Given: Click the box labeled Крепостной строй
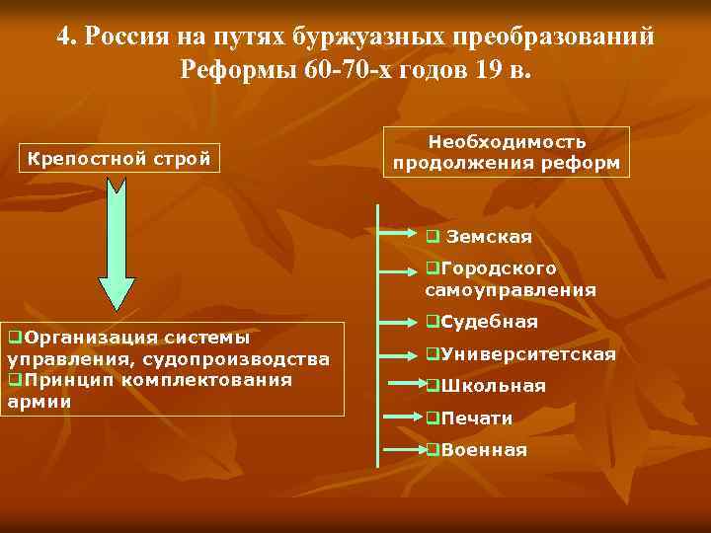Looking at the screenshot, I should tap(118, 157).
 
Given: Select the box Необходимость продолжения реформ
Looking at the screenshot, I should tap(506, 153).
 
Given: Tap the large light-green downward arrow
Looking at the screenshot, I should tap(117, 247).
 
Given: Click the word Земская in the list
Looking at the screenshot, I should tap(489, 237).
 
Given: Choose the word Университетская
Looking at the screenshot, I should tap(528, 354).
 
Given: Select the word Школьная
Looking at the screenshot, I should tap(493, 386).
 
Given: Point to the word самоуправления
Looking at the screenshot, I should tap(511, 290).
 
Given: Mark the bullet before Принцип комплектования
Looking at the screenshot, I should tap(14, 380).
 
